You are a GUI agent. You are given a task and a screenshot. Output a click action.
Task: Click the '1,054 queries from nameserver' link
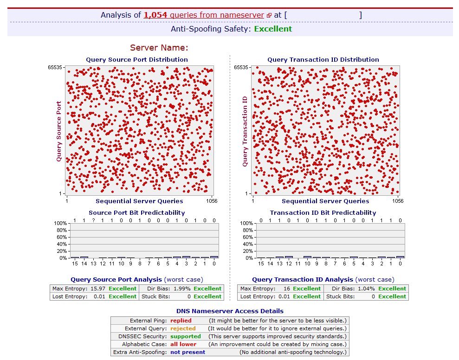pyautogui.click(x=204, y=15)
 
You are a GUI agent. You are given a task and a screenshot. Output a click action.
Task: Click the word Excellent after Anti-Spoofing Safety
pyautogui.click(x=273, y=29)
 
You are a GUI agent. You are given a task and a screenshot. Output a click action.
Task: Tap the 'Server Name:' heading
pyautogui.click(x=159, y=47)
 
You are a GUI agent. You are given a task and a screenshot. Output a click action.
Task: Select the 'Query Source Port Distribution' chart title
pyautogui.click(x=137, y=59)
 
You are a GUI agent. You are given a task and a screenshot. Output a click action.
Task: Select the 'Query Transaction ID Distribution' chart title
pyautogui.click(x=323, y=59)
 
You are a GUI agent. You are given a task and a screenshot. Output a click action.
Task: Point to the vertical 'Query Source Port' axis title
pyautogui.click(x=59, y=131)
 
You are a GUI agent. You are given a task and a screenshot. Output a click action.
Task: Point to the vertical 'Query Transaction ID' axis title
pyautogui.click(x=245, y=131)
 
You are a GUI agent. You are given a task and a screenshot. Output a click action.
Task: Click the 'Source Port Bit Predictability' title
pyautogui.click(x=137, y=212)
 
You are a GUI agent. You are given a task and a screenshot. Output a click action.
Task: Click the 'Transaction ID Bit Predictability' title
pyautogui.click(x=323, y=212)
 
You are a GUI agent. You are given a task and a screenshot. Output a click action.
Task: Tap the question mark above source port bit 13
pyautogui.click(x=93, y=220)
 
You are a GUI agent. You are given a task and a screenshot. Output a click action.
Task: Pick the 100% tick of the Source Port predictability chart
pyautogui.click(x=61, y=224)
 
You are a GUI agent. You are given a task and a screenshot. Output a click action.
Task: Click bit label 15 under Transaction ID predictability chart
pyautogui.click(x=261, y=264)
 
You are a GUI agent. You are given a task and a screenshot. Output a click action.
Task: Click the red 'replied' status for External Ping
pyautogui.click(x=181, y=321)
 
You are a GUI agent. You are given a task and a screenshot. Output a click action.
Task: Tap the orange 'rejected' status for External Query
pyautogui.click(x=183, y=328)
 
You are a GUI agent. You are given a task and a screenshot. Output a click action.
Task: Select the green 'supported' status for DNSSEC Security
pyautogui.click(x=186, y=336)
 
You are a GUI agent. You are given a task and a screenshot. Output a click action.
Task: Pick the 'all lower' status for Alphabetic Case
pyautogui.click(x=183, y=344)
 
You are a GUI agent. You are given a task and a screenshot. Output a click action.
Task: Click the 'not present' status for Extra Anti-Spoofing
pyautogui.click(x=187, y=352)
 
